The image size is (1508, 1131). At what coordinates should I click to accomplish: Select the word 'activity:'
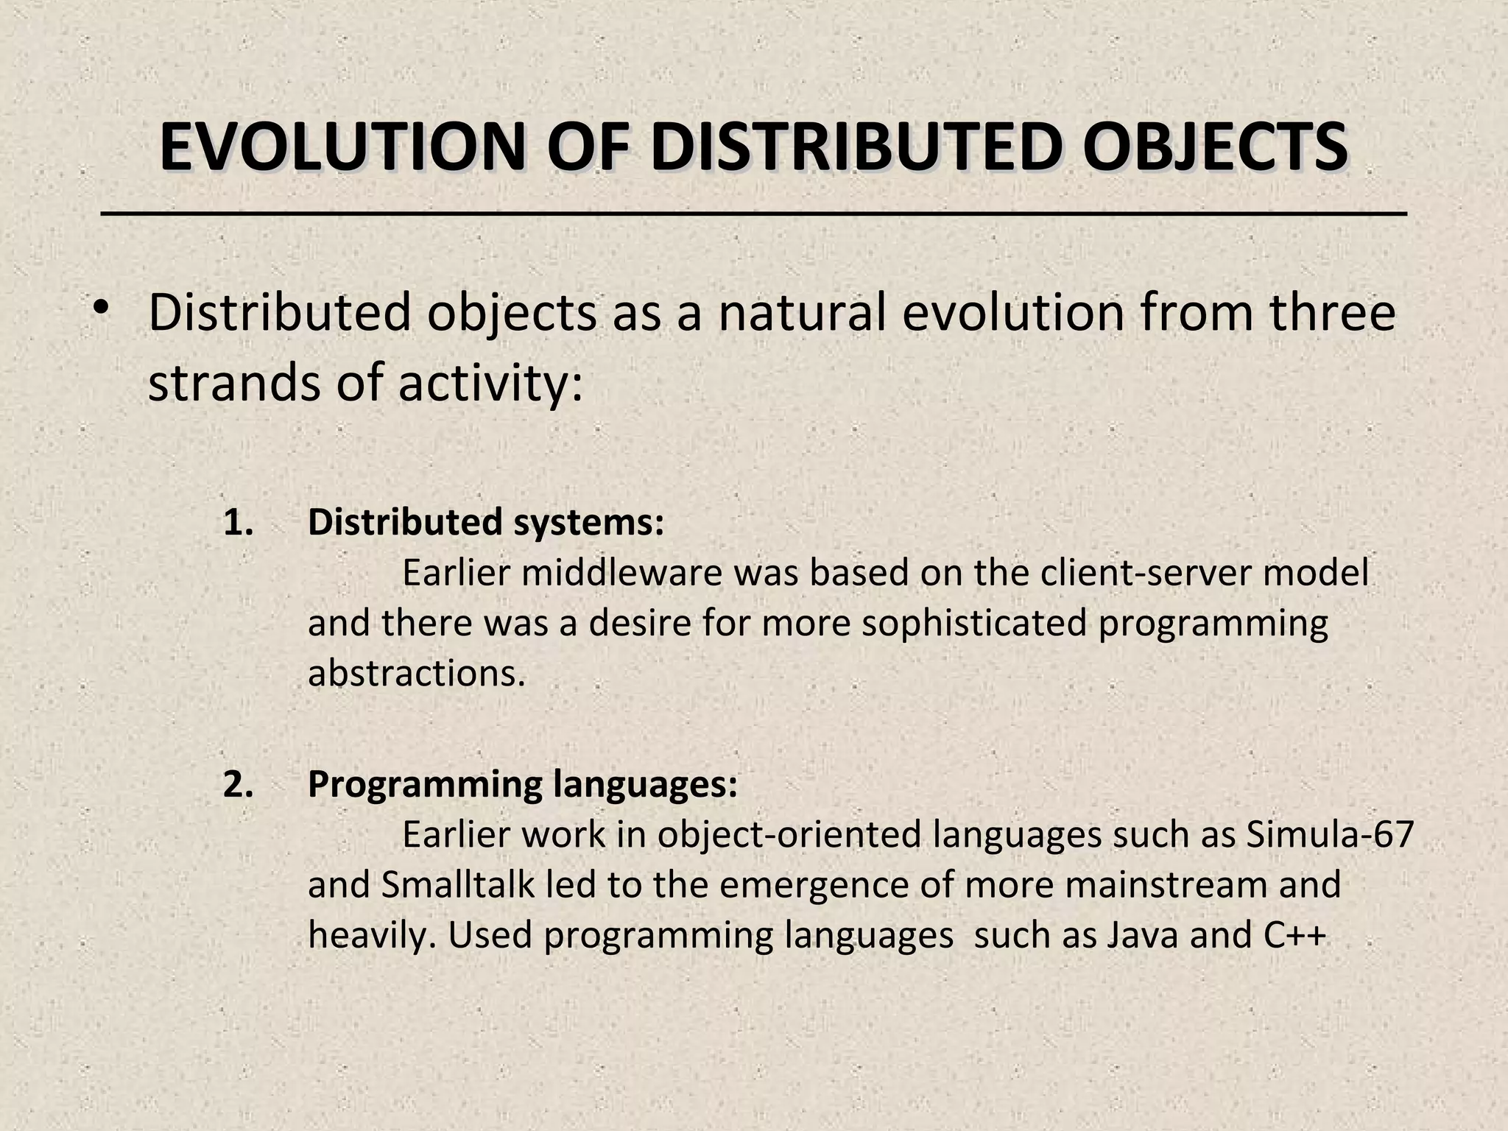click(x=490, y=383)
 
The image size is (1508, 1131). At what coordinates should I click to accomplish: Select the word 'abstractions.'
click(x=417, y=673)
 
